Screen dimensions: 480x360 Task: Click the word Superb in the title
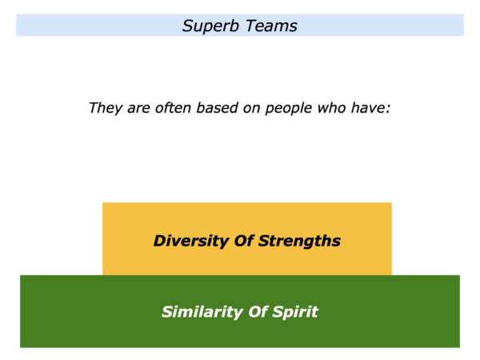[210, 26]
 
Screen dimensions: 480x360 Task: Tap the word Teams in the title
[271, 26]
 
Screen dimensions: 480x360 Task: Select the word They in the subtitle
[106, 108]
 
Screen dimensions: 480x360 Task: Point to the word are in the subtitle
[138, 109]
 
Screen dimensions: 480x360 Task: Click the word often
[173, 108]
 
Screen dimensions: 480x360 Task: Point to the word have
[368, 108]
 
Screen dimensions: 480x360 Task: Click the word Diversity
[191, 241]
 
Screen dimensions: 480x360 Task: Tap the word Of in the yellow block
[244, 241]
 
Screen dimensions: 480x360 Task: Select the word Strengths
[299, 241]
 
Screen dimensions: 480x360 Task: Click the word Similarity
[202, 312]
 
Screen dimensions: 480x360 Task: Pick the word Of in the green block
[258, 312]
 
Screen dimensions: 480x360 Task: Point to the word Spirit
[294, 312]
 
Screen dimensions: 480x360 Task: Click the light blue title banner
[240, 25]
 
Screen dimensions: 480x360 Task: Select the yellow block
[247, 238]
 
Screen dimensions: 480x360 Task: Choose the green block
[240, 311]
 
